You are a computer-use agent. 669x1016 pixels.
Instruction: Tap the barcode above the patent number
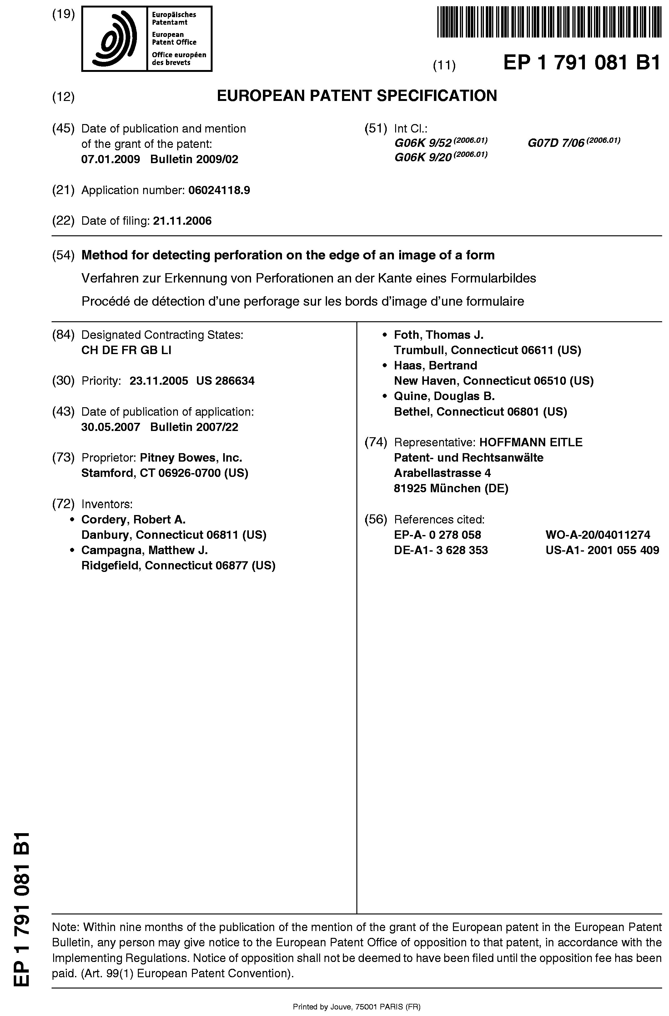point(549,22)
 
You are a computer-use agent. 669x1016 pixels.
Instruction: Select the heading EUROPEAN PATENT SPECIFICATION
point(357,96)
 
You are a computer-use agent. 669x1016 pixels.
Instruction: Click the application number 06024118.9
point(219,190)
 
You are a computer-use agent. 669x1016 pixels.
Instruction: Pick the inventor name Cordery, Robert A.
point(133,519)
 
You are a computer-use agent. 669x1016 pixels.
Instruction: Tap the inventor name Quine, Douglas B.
point(444,396)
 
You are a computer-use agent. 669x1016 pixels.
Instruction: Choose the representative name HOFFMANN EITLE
point(531,442)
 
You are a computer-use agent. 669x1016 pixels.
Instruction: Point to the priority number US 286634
point(225,381)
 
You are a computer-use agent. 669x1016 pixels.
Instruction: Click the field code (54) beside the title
point(63,255)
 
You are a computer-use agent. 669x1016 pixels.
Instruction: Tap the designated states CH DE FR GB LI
point(126,350)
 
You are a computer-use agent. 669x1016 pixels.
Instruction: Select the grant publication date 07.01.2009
point(111,159)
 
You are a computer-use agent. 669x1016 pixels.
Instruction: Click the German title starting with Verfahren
point(309,278)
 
